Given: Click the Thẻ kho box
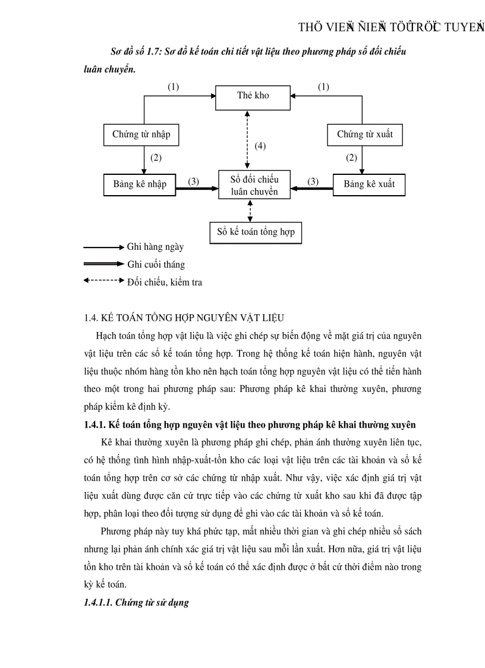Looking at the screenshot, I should [253, 96].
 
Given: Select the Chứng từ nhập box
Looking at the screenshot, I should [141, 134].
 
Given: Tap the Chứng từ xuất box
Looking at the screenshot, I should [364, 134].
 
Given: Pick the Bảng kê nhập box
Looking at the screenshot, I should [140, 184].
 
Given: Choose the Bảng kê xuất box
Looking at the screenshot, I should [369, 184].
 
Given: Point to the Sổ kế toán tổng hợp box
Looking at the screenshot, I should [256, 231].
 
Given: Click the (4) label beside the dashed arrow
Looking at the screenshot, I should [260, 146].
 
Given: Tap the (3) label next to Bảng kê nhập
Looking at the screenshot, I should [193, 181].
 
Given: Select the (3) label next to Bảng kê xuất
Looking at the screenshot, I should [313, 181].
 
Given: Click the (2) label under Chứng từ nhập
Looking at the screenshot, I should [156, 158].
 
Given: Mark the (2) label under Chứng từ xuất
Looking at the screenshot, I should [351, 158].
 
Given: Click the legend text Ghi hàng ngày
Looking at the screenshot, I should [155, 247].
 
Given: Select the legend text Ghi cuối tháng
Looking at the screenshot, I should [156, 265].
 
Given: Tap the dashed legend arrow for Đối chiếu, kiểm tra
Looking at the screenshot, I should [103, 281].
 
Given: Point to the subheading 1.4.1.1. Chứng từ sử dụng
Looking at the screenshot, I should [136, 603].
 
